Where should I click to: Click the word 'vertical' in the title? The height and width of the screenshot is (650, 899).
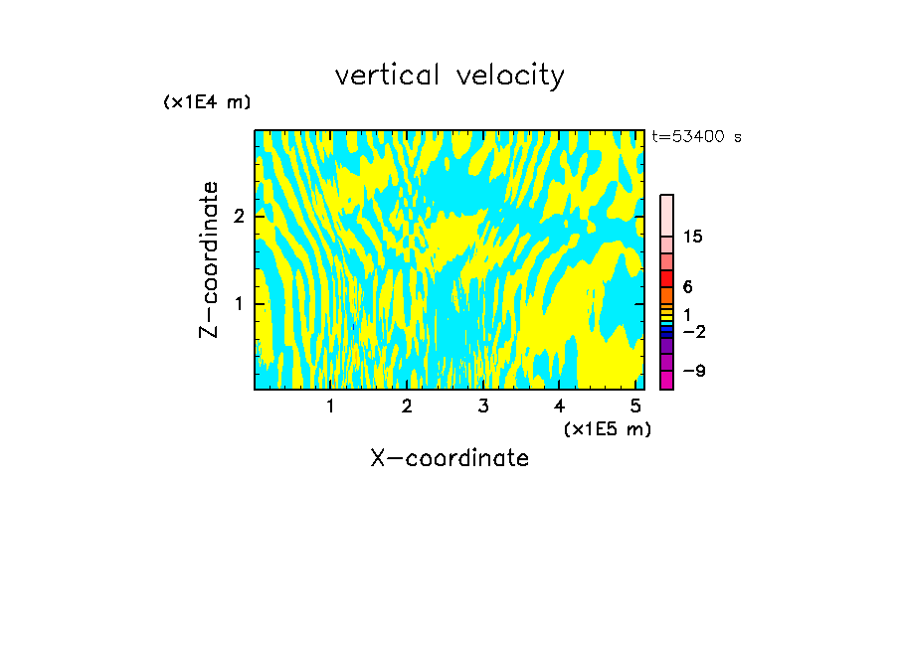pyautogui.click(x=382, y=76)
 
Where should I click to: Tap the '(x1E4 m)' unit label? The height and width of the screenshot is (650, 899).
pyautogui.click(x=207, y=102)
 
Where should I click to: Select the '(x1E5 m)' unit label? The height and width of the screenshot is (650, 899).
pyautogui.click(x=607, y=428)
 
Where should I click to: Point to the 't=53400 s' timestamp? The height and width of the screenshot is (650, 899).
pyautogui.click(x=696, y=137)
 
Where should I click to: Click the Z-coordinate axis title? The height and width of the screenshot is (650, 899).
pyautogui.click(x=209, y=259)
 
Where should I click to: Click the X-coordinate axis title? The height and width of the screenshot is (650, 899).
pyautogui.click(x=449, y=458)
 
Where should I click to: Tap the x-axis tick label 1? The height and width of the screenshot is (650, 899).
pyautogui.click(x=330, y=406)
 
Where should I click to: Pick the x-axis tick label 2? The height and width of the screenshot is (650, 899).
pyautogui.click(x=407, y=406)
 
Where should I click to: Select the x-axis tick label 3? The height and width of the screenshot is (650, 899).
pyautogui.click(x=482, y=406)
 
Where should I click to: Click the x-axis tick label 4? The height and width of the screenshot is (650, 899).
pyautogui.click(x=559, y=406)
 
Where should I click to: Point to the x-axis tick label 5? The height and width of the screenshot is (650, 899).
pyautogui.click(x=635, y=406)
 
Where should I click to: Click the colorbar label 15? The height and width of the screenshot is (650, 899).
pyautogui.click(x=693, y=237)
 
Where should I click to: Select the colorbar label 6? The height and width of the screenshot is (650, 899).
pyautogui.click(x=687, y=287)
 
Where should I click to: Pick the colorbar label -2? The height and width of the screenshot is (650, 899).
pyautogui.click(x=693, y=331)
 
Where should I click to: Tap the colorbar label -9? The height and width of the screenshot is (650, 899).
pyautogui.click(x=693, y=371)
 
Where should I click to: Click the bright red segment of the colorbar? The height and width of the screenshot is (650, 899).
pyautogui.click(x=666, y=278)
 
